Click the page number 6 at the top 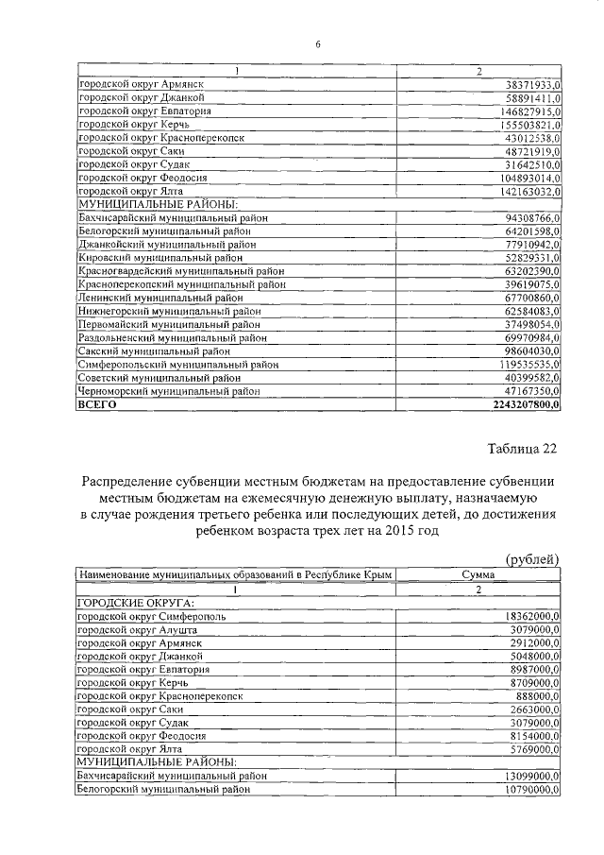pos(318,44)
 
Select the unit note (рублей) pos(532,559)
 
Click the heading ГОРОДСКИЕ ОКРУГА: pos(136,603)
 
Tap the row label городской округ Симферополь pos(151,616)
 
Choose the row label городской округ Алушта pos(138,629)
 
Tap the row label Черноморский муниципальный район pos(168,390)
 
